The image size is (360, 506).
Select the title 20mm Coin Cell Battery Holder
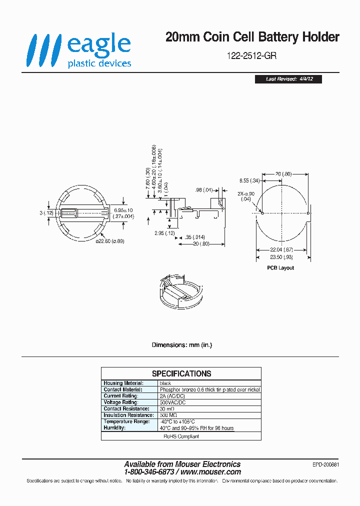click(252, 37)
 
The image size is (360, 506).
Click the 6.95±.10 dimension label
click(123, 210)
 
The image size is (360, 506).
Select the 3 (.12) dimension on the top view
click(46, 213)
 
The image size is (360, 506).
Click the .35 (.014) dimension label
click(194, 236)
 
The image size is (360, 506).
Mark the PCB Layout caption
click(280, 267)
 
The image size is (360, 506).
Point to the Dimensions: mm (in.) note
click(181, 345)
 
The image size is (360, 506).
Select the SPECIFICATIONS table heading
click(181, 373)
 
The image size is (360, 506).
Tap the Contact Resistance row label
click(125, 408)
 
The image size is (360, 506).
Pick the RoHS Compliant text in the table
click(181, 436)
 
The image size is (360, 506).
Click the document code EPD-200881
click(324, 464)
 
